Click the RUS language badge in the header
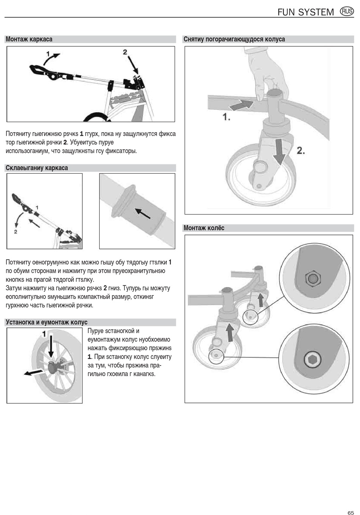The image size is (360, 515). (x=347, y=11)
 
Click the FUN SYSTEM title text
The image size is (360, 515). (x=305, y=12)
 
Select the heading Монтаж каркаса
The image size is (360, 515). (x=29, y=39)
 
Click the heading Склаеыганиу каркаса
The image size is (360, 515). (x=37, y=168)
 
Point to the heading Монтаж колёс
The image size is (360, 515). (x=204, y=228)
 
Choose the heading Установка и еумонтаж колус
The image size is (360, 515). (x=47, y=322)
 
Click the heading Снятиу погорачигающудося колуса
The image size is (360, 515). (x=234, y=39)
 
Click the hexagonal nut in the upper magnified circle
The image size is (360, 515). (x=312, y=279)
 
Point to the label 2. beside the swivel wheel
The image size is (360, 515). (x=301, y=151)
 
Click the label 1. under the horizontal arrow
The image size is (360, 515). (x=226, y=117)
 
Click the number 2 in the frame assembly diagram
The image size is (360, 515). (x=125, y=52)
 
